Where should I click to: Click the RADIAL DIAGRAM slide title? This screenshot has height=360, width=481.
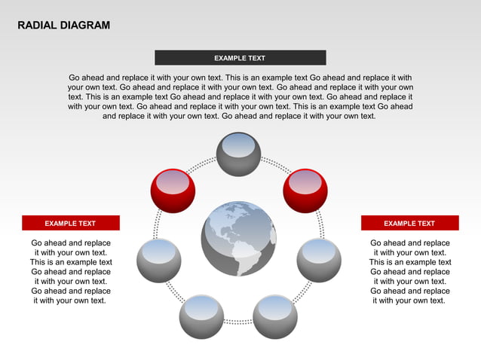click(64, 26)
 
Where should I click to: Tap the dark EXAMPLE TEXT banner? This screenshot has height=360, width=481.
click(240, 58)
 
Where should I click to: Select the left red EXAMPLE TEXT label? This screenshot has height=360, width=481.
click(70, 223)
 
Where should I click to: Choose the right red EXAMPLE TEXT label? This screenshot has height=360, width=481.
click(409, 223)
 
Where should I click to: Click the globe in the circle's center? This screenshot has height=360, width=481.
click(238, 239)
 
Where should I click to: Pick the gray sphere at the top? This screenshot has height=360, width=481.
click(238, 154)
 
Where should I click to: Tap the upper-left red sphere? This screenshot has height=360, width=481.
click(173, 191)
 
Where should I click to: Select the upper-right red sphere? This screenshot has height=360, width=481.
click(305, 191)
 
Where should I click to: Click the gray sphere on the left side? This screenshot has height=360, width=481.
click(158, 260)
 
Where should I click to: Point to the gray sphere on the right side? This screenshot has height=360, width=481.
click(319, 260)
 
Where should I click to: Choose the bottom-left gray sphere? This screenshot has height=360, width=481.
click(201, 317)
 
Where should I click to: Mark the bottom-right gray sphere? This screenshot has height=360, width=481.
click(274, 317)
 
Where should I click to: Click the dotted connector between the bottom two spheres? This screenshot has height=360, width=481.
click(238, 322)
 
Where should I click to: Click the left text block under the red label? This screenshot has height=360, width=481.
click(70, 271)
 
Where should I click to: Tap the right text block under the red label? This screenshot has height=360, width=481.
click(409, 271)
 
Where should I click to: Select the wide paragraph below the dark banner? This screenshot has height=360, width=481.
click(240, 96)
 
